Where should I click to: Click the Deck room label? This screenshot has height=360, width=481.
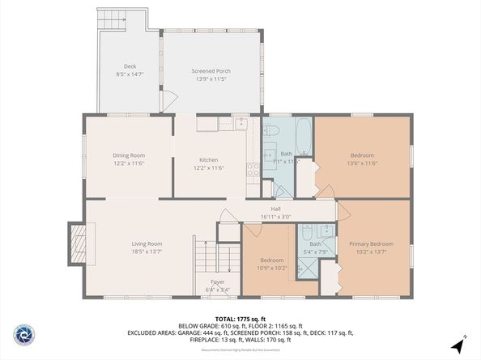point(130,66)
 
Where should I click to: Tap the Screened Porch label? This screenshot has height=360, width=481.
point(211,71)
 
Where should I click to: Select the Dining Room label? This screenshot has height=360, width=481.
point(129,155)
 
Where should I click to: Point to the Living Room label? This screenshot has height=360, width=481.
point(147,244)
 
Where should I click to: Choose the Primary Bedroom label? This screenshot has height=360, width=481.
point(371,244)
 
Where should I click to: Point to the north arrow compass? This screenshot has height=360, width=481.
point(458,343)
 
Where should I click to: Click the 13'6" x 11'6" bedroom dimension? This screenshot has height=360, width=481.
point(362,164)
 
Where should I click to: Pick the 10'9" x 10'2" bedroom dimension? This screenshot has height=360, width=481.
point(271,268)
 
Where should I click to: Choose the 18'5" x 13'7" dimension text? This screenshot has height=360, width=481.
point(147,252)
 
